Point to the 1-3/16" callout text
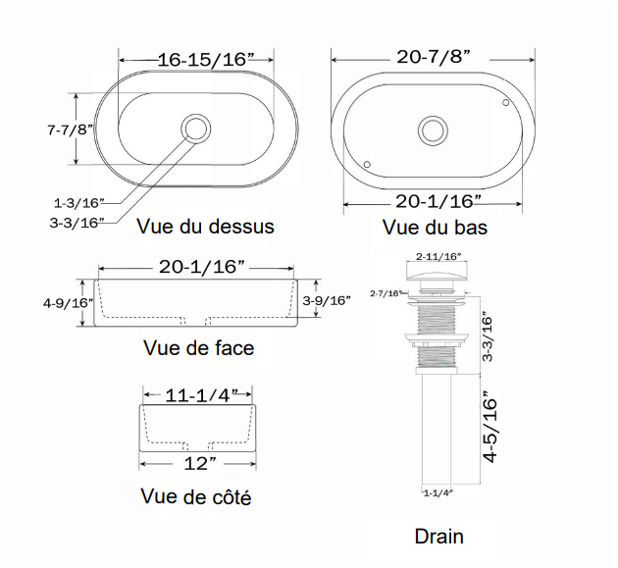[78, 204]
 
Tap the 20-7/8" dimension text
[435, 58]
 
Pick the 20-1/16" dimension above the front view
[202, 267]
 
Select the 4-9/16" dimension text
[68, 303]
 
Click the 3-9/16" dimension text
[327, 301]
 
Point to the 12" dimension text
[200, 462]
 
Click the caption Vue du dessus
[206, 227]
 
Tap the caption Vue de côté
[196, 497]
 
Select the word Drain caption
[438, 536]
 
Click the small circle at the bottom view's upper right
[504, 102]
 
